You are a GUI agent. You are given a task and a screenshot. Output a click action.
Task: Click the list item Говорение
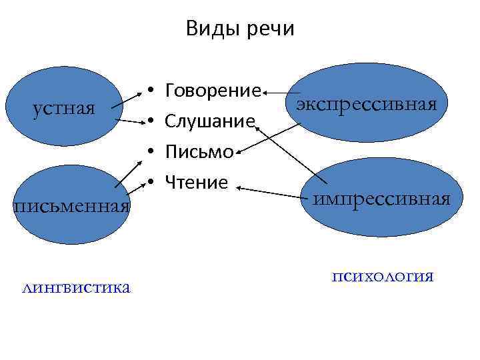[x=213, y=90]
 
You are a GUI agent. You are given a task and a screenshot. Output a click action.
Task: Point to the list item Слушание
[x=210, y=121]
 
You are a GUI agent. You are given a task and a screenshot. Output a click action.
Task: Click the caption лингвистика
[x=76, y=287]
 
